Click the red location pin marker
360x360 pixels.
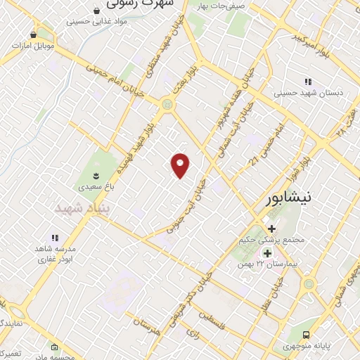[x=181, y=165]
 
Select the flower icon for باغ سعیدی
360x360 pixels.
[x=96, y=174]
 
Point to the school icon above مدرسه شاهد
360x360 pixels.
[x=55, y=238]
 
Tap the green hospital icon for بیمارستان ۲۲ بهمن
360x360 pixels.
[x=267, y=253]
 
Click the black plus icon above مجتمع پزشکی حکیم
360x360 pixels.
[x=271, y=228]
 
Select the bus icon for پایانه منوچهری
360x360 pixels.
[x=306, y=335]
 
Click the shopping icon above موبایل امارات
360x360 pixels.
[x=33, y=34]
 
